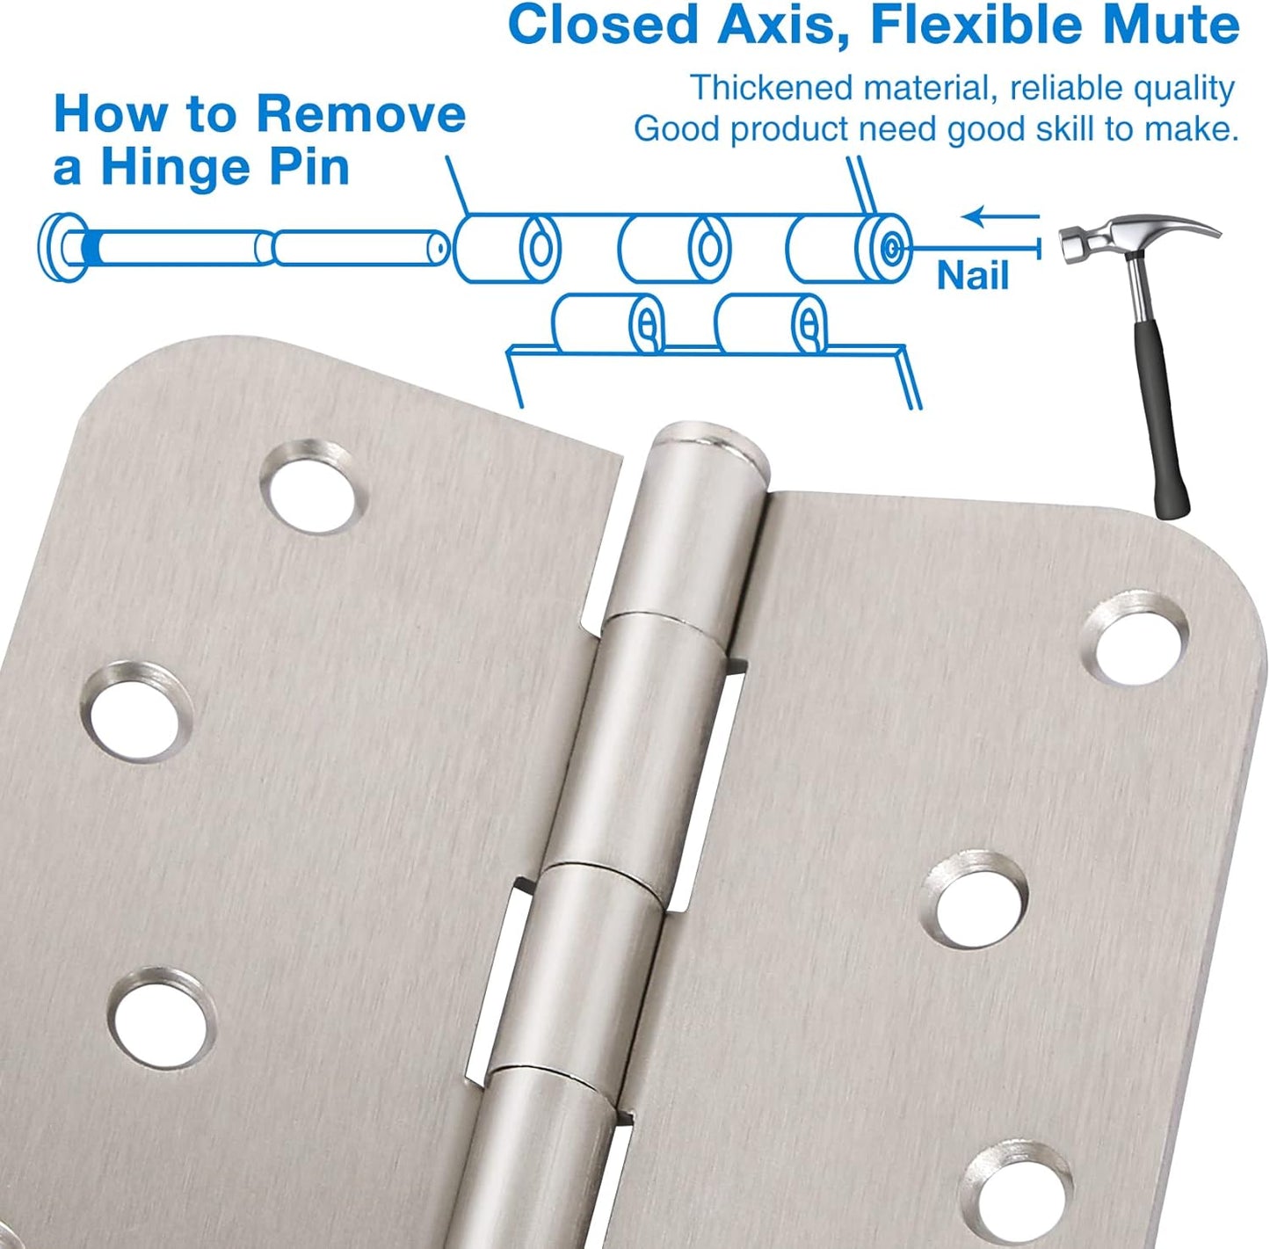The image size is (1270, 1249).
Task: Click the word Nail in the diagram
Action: click(x=972, y=276)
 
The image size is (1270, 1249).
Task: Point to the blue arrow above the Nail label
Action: click(x=999, y=216)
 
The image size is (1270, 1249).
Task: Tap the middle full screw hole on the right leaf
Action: click(x=978, y=900)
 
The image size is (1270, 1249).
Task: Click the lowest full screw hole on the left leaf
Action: click(x=163, y=1019)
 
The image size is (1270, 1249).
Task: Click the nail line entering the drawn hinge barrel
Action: click(x=967, y=248)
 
